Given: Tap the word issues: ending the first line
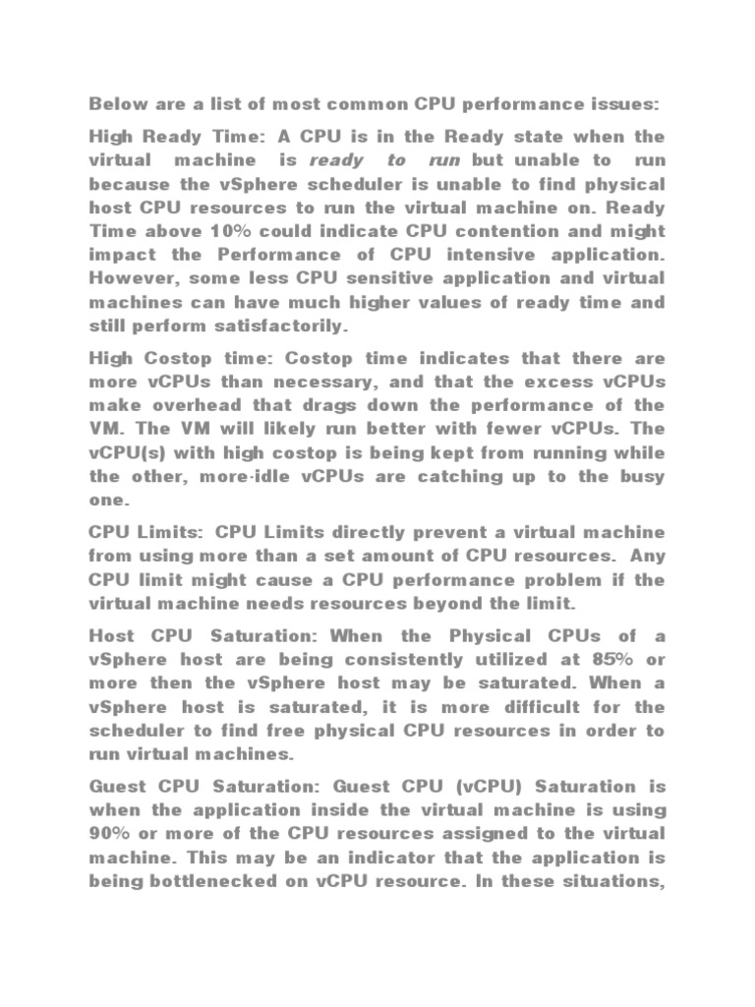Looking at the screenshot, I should (x=623, y=103).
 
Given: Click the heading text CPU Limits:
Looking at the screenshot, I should (x=145, y=532).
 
